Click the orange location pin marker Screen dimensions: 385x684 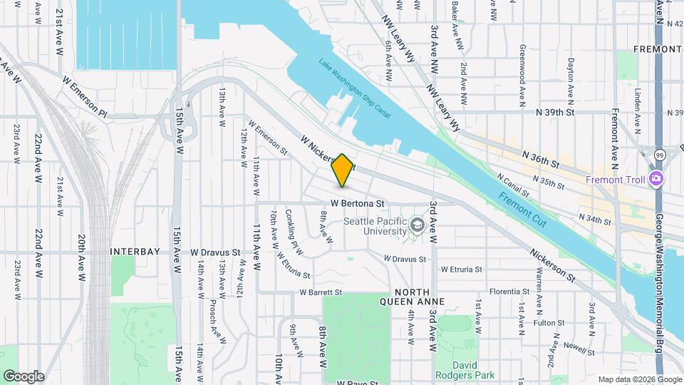pos(342,170)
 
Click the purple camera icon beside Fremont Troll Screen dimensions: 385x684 pos(656,179)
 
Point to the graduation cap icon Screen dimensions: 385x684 pos(416,227)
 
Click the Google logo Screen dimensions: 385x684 pos(24,376)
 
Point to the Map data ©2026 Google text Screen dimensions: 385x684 pos(639,379)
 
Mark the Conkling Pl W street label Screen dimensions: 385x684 pos(294,232)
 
